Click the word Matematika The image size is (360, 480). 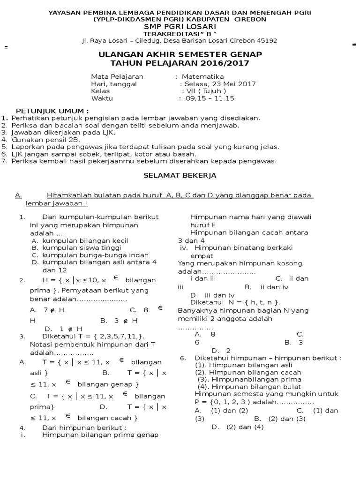[202, 76]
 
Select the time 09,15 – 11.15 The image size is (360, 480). [210, 98]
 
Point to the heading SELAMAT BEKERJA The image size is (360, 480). [180, 175]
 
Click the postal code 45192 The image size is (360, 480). [267, 41]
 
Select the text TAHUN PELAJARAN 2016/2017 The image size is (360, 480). [180, 63]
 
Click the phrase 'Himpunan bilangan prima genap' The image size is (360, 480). [100, 435]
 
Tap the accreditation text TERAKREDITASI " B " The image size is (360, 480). [180, 34]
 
